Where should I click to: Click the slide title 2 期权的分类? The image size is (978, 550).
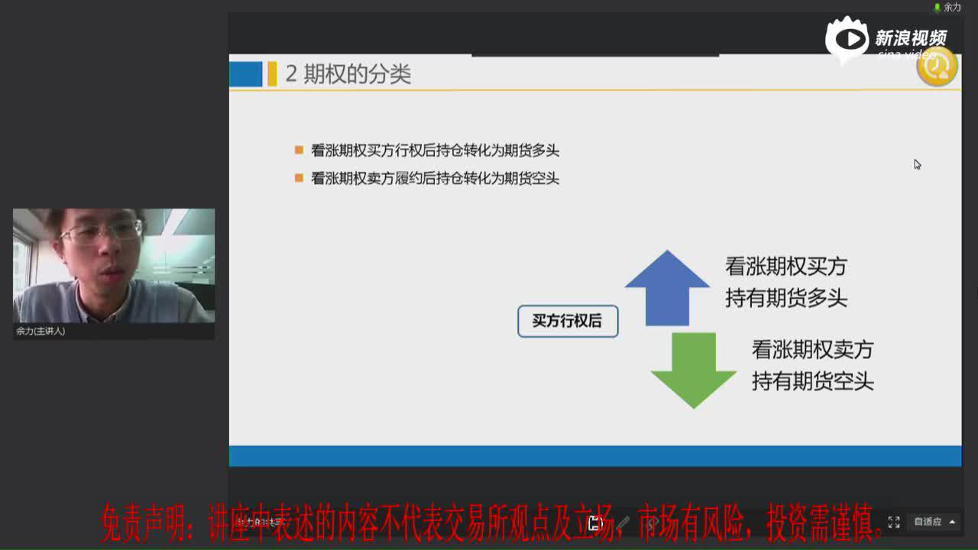348,74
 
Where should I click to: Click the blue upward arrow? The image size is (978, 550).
667,286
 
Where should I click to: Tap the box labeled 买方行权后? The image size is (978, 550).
568,322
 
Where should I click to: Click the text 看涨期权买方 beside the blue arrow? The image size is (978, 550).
785,267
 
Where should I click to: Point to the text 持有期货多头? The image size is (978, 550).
785,298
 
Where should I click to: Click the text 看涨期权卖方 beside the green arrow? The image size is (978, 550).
812,350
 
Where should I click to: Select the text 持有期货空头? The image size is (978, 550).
812,381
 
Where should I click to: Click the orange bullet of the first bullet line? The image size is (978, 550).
299,150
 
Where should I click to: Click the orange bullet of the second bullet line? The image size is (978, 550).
299,178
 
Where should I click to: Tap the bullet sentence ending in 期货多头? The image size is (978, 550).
435,150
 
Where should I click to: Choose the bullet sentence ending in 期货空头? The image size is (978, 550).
435,178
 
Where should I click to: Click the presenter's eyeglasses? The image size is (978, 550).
101,231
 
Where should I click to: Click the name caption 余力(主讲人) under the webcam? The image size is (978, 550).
40,332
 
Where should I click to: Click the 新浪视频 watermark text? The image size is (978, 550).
910,37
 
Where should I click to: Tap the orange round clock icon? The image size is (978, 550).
937,67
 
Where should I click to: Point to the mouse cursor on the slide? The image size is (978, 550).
917,164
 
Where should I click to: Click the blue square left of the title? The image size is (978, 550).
246,74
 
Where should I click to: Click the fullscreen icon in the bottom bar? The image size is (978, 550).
894,522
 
